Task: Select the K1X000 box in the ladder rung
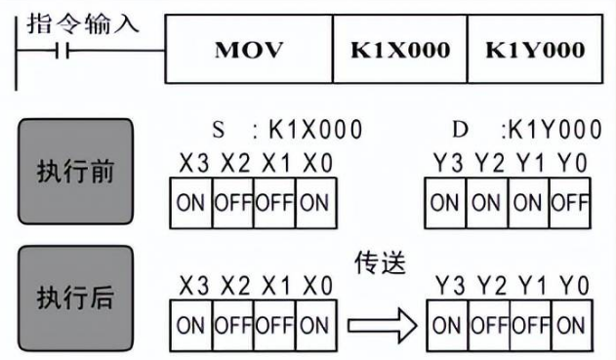point(400,50)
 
